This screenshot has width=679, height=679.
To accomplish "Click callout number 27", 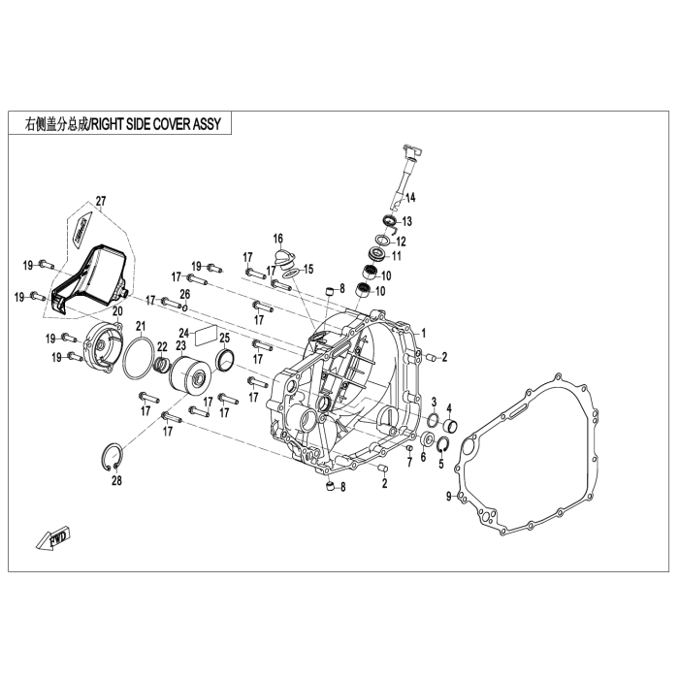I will [x=100, y=201].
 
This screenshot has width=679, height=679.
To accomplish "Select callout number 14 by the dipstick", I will [x=410, y=198].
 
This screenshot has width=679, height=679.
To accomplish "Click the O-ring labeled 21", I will [x=140, y=360].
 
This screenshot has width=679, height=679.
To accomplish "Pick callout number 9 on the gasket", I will [x=449, y=497].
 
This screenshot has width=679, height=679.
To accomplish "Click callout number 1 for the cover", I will [x=423, y=332].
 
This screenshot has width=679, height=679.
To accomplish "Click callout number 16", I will [x=277, y=238].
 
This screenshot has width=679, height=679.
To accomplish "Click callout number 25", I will [x=224, y=338].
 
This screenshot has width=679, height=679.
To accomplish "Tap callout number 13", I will [x=406, y=221].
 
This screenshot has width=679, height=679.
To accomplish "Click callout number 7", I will [x=409, y=462].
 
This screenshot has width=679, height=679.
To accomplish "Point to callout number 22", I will [x=162, y=347].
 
